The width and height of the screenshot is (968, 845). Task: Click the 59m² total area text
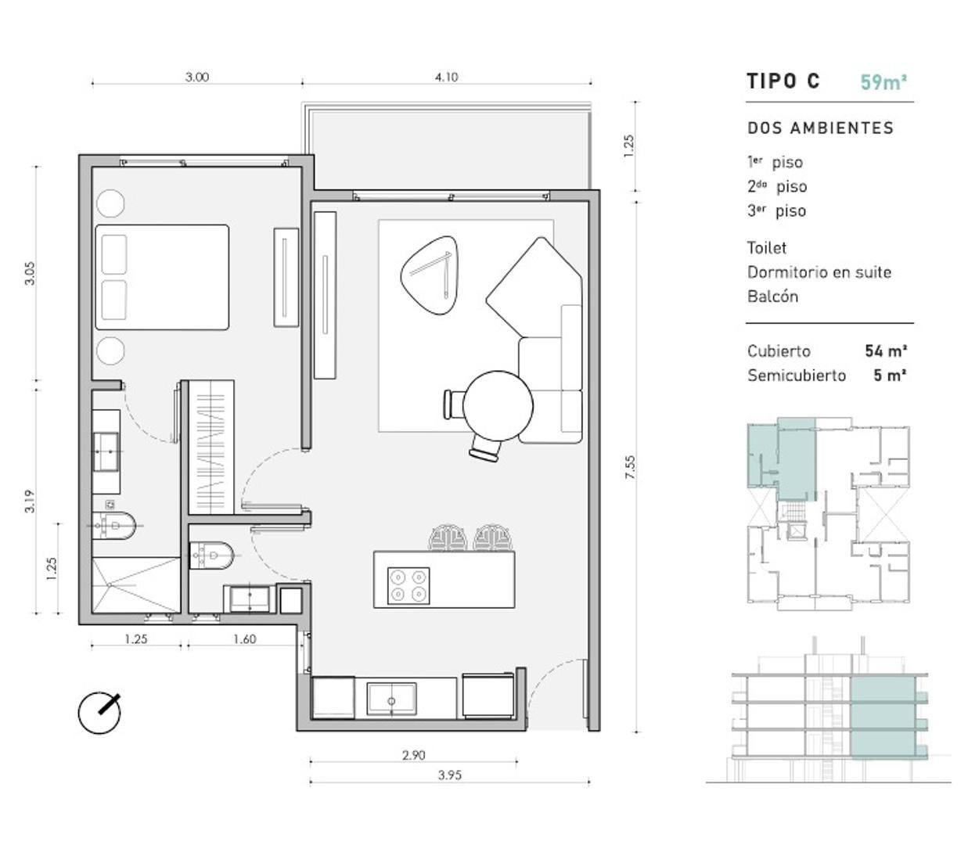click(883, 82)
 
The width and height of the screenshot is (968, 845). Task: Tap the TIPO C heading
click(783, 81)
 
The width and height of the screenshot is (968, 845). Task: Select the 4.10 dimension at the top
click(446, 77)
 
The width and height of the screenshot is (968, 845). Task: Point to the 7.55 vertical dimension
click(630, 466)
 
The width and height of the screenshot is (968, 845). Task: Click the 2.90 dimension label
click(413, 755)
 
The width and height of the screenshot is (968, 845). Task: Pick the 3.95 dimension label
click(449, 775)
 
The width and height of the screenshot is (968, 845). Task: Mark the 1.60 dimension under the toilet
click(244, 639)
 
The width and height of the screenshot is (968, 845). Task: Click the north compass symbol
click(100, 713)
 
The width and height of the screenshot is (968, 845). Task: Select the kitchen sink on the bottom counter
click(392, 698)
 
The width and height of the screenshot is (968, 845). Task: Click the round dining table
click(498, 407)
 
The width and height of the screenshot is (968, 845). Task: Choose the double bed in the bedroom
click(162, 277)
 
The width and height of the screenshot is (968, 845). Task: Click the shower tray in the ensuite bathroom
click(135, 584)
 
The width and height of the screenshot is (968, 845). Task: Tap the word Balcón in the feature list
click(772, 297)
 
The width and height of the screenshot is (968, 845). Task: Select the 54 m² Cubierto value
click(885, 351)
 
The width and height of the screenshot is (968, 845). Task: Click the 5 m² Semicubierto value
click(890, 376)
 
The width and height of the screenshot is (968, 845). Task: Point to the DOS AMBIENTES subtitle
click(820, 128)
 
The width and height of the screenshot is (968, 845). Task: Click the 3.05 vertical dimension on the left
click(30, 272)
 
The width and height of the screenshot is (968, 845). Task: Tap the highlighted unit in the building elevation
click(882, 718)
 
